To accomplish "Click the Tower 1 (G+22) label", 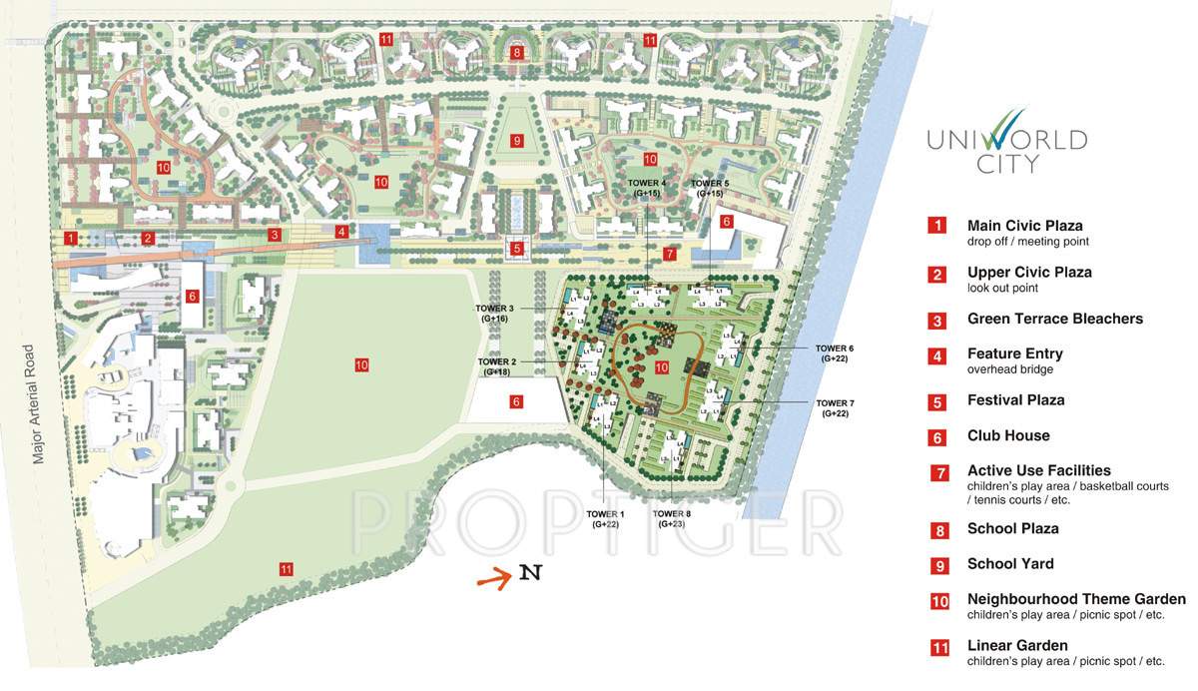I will pos(606,518).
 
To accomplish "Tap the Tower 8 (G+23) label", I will pos(672,518).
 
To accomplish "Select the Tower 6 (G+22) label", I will pos(837,352).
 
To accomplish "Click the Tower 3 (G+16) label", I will pos(495,313).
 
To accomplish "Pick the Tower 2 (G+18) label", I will pos(497,365).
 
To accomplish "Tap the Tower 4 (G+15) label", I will pos(647,188).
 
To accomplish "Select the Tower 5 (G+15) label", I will pos(710,188).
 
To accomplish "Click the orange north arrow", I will pos(494,576).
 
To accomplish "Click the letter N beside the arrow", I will pos(530,573).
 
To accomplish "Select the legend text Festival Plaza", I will pos(1015,400).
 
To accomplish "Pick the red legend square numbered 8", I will pos(938,530).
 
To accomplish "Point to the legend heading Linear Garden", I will pos(1017,646).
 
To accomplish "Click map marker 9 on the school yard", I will pos(516,141).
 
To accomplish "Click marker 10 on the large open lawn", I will pos(361,365).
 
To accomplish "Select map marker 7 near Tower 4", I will pos(670,254).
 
